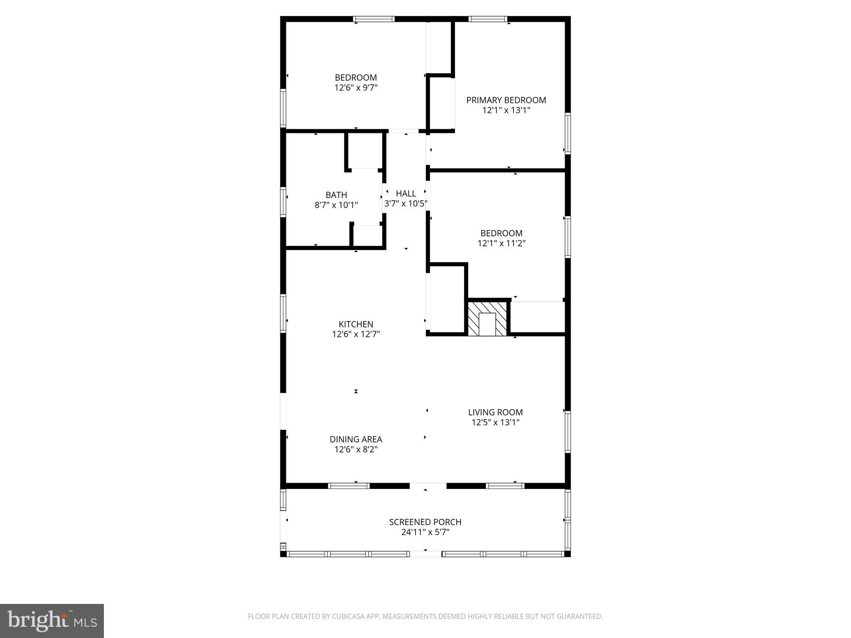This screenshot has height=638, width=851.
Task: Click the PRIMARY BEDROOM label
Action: pyautogui.click(x=506, y=100)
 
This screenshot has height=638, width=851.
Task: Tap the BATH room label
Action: pyautogui.click(x=336, y=195)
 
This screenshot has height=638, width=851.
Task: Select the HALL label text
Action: pyautogui.click(x=406, y=194)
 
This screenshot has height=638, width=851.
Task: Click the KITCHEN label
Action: pyautogui.click(x=356, y=324)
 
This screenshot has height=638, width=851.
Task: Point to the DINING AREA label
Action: pyautogui.click(x=356, y=439)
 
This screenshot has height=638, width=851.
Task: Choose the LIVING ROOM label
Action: pyautogui.click(x=495, y=412)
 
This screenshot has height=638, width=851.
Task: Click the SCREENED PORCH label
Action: pyautogui.click(x=425, y=522)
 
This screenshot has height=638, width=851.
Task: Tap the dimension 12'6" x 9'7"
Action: pyautogui.click(x=356, y=88)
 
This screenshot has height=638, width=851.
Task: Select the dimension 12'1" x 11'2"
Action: pyautogui.click(x=502, y=243)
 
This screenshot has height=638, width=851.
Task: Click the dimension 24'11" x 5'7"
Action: pyautogui.click(x=425, y=532)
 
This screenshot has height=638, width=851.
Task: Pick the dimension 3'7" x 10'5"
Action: pyautogui.click(x=406, y=204)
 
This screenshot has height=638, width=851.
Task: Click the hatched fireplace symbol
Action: pyautogui.click(x=487, y=319)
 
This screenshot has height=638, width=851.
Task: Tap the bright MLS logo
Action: pyautogui.click(x=52, y=621)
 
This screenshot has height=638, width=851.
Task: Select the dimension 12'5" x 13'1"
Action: pyautogui.click(x=495, y=422)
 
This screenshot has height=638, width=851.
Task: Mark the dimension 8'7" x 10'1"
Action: pyautogui.click(x=336, y=205)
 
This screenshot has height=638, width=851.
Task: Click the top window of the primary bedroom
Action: pyautogui.click(x=488, y=19)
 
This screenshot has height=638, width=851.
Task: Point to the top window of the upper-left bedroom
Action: pyautogui.click(x=374, y=19)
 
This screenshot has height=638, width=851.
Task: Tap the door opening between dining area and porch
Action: pyautogui.click(x=428, y=486)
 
